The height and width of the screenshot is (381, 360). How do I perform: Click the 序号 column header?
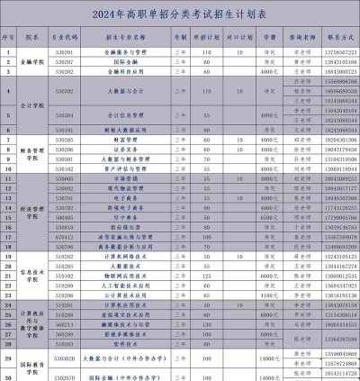pos(9,41)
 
